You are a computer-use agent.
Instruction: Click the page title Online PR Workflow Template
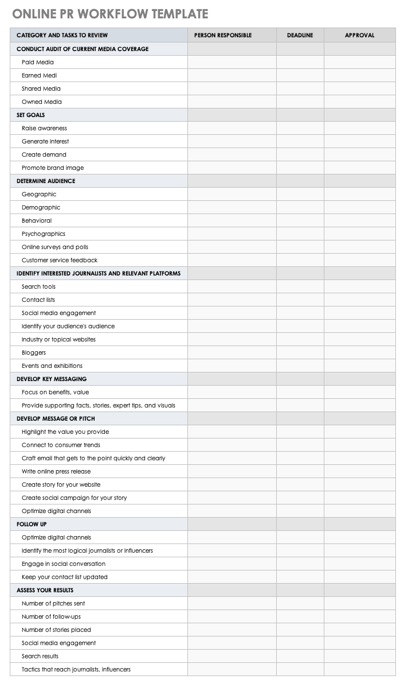coord(109,14)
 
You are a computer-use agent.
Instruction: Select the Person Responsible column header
coord(223,36)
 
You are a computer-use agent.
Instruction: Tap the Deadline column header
coord(300,36)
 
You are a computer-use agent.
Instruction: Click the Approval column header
coord(359,36)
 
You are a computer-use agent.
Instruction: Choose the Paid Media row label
coord(38,62)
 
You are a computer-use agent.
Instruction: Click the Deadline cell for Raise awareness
coord(300,128)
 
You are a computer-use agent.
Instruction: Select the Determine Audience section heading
coord(46,181)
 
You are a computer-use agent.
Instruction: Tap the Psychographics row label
coord(44,234)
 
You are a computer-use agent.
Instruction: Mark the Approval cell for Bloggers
coord(359,352)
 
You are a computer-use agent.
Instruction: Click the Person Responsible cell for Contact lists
coord(232,300)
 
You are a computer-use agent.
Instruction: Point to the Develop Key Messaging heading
coord(52,379)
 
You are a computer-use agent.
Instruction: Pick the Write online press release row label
coord(56,471)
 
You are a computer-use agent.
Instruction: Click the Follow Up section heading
coord(32,524)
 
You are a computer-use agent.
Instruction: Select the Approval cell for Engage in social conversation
coord(359,564)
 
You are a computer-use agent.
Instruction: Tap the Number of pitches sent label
coord(53,603)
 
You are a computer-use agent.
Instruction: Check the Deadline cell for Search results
coord(300,656)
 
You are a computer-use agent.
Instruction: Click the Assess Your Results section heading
coord(45,590)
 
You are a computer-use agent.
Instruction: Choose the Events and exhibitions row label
coord(52,366)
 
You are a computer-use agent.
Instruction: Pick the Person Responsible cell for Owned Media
coord(232,102)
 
